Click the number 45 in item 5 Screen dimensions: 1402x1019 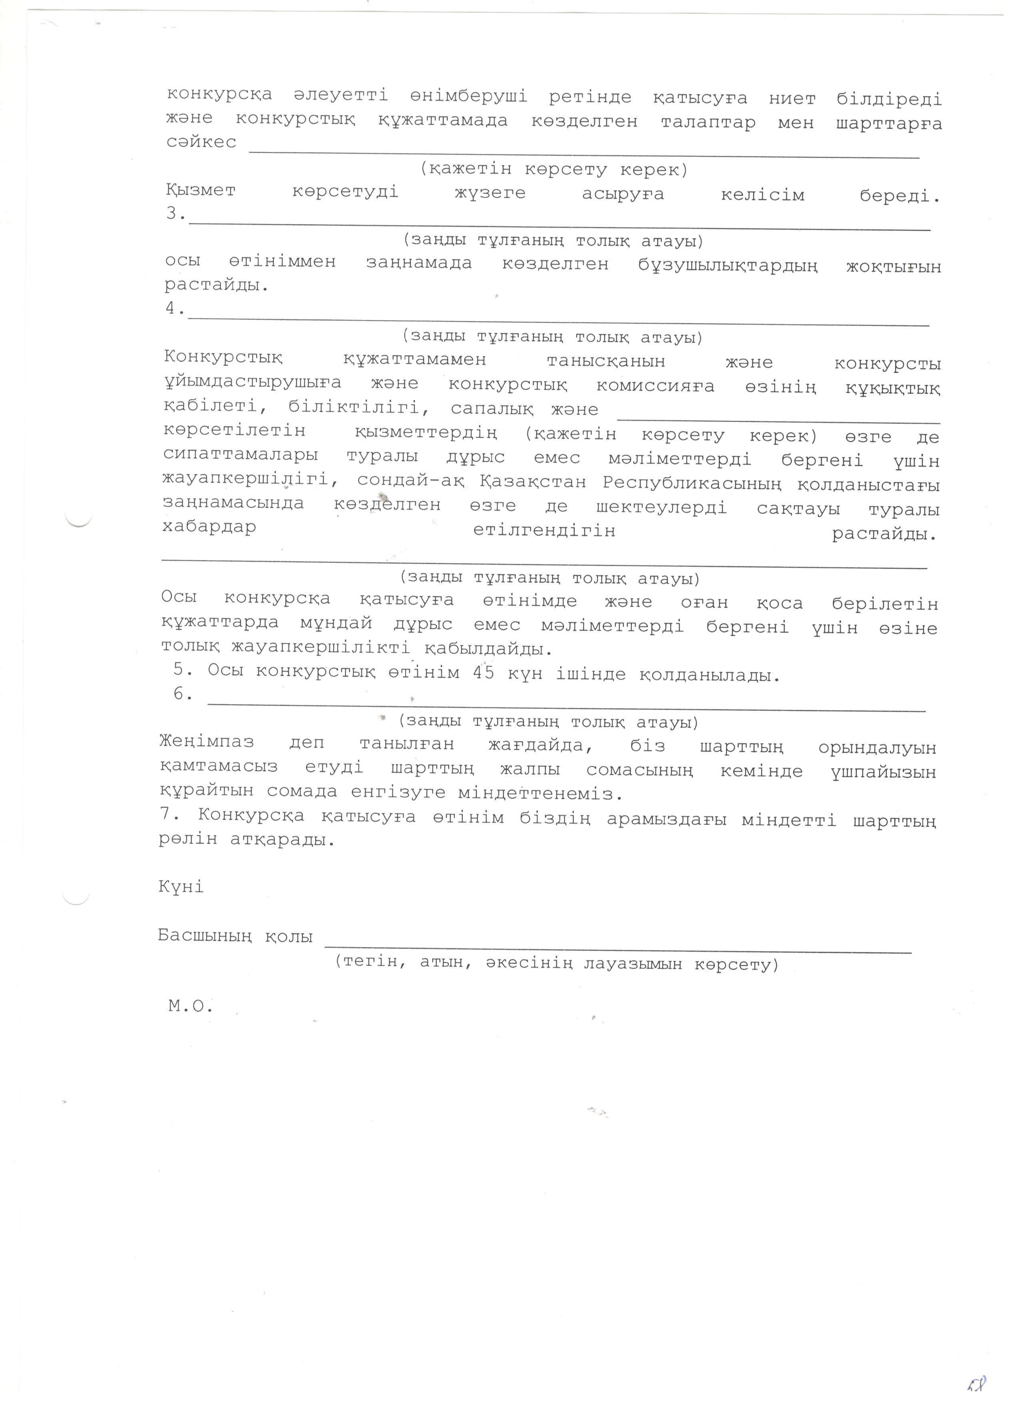coord(483,672)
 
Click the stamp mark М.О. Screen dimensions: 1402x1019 coord(190,1006)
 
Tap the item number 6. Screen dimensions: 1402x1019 coord(182,694)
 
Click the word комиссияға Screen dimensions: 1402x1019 coord(656,386)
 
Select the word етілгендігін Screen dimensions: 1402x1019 coord(544,530)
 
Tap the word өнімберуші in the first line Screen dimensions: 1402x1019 coord(468,96)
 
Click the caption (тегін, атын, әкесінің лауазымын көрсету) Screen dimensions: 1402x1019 coord(556,963)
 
